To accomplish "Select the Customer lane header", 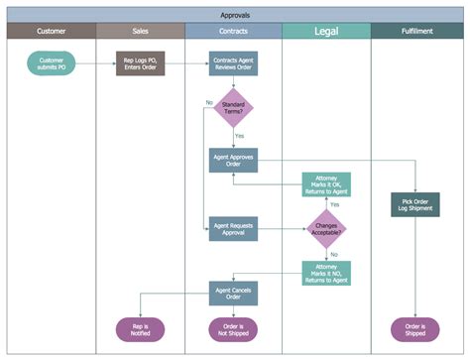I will (52, 32).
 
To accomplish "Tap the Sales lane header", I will (140, 32).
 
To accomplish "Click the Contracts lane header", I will (233, 32).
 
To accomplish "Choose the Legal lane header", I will (326, 32).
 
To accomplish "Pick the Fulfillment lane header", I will (415, 32).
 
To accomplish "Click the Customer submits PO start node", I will (52, 64).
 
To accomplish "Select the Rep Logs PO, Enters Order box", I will (141, 64).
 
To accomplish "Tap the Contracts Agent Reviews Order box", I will (234, 64).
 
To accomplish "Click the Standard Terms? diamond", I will (234, 109).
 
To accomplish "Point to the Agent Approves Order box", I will (234, 160).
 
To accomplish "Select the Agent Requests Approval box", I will (234, 230).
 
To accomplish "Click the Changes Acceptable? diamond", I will (326, 230).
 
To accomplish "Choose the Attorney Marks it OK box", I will (326, 184).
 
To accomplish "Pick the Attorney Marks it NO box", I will (326, 273).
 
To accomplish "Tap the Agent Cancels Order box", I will (234, 293).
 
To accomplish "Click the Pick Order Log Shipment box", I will (415, 204).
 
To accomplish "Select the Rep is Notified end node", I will (141, 330).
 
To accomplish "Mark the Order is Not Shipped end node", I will (234, 330).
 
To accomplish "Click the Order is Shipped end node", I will (415, 330).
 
